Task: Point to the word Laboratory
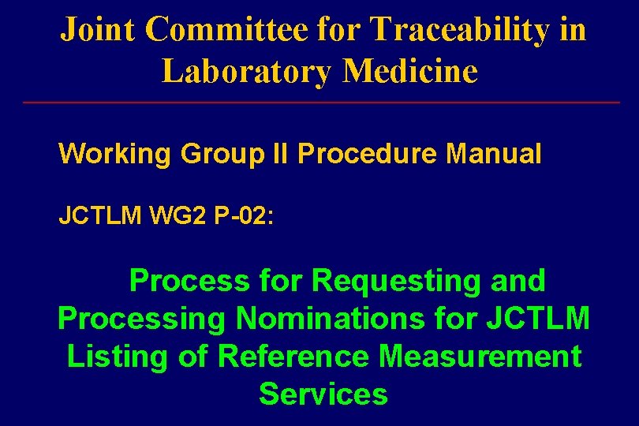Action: [247, 71]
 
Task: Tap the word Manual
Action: [494, 153]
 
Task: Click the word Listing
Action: [118, 356]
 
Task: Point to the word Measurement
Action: [480, 356]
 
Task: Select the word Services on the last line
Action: [323, 393]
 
